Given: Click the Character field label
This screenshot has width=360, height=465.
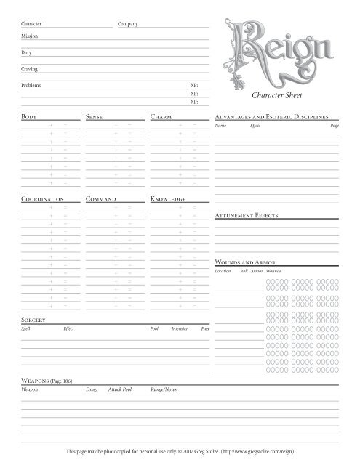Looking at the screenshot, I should pyautogui.click(x=32, y=25).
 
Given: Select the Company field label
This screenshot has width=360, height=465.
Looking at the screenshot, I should pyautogui.click(x=128, y=25).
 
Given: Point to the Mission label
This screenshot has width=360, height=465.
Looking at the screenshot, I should pyautogui.click(x=30, y=36).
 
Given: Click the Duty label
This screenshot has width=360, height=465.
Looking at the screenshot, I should pyautogui.click(x=27, y=52).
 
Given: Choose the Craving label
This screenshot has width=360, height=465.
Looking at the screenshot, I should pyautogui.click(x=30, y=69).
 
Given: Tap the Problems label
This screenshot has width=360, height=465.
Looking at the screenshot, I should pyautogui.click(x=31, y=86).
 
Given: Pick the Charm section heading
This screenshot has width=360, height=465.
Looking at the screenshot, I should pyautogui.click(x=160, y=116).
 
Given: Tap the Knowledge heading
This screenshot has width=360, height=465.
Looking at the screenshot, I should pyautogui.click(x=168, y=198).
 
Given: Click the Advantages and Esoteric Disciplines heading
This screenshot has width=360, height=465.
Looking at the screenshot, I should pyautogui.click(x=274, y=116).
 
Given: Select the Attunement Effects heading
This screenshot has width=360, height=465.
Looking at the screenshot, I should pyautogui.click(x=247, y=217).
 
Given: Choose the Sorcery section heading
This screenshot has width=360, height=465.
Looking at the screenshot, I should pyautogui.click(x=34, y=320).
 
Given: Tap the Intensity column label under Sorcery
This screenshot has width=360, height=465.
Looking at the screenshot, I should pyautogui.click(x=180, y=329).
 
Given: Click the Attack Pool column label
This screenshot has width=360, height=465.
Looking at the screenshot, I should pyautogui.click(x=119, y=390).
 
